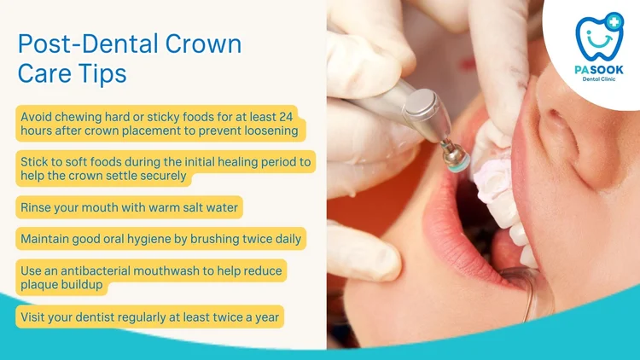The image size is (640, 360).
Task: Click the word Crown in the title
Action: [x=203, y=44]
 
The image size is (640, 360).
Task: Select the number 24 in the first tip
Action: [x=286, y=117]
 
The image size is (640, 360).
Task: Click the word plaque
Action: [x=38, y=285]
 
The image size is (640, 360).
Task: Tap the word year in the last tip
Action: [x=267, y=317]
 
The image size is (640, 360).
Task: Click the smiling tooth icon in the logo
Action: [x=599, y=37]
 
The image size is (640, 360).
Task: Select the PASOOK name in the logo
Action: [x=599, y=70]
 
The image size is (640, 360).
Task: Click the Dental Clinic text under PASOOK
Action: [x=599, y=78]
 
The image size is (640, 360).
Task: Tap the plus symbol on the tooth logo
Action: [x=614, y=21]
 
